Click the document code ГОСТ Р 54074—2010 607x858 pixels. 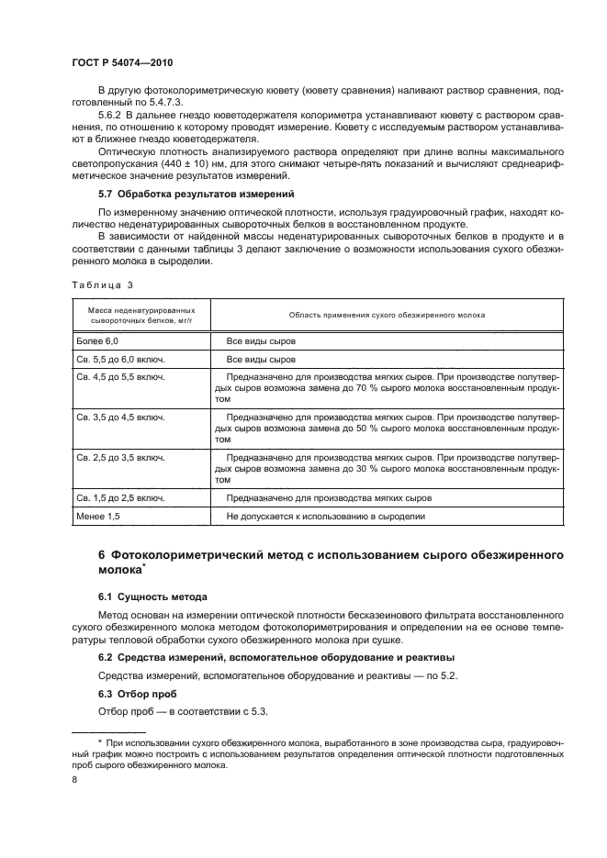pos(123,62)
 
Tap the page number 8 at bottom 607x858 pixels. pos(74,779)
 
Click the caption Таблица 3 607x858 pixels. pos(104,284)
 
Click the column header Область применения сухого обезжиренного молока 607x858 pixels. pos(387,314)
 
